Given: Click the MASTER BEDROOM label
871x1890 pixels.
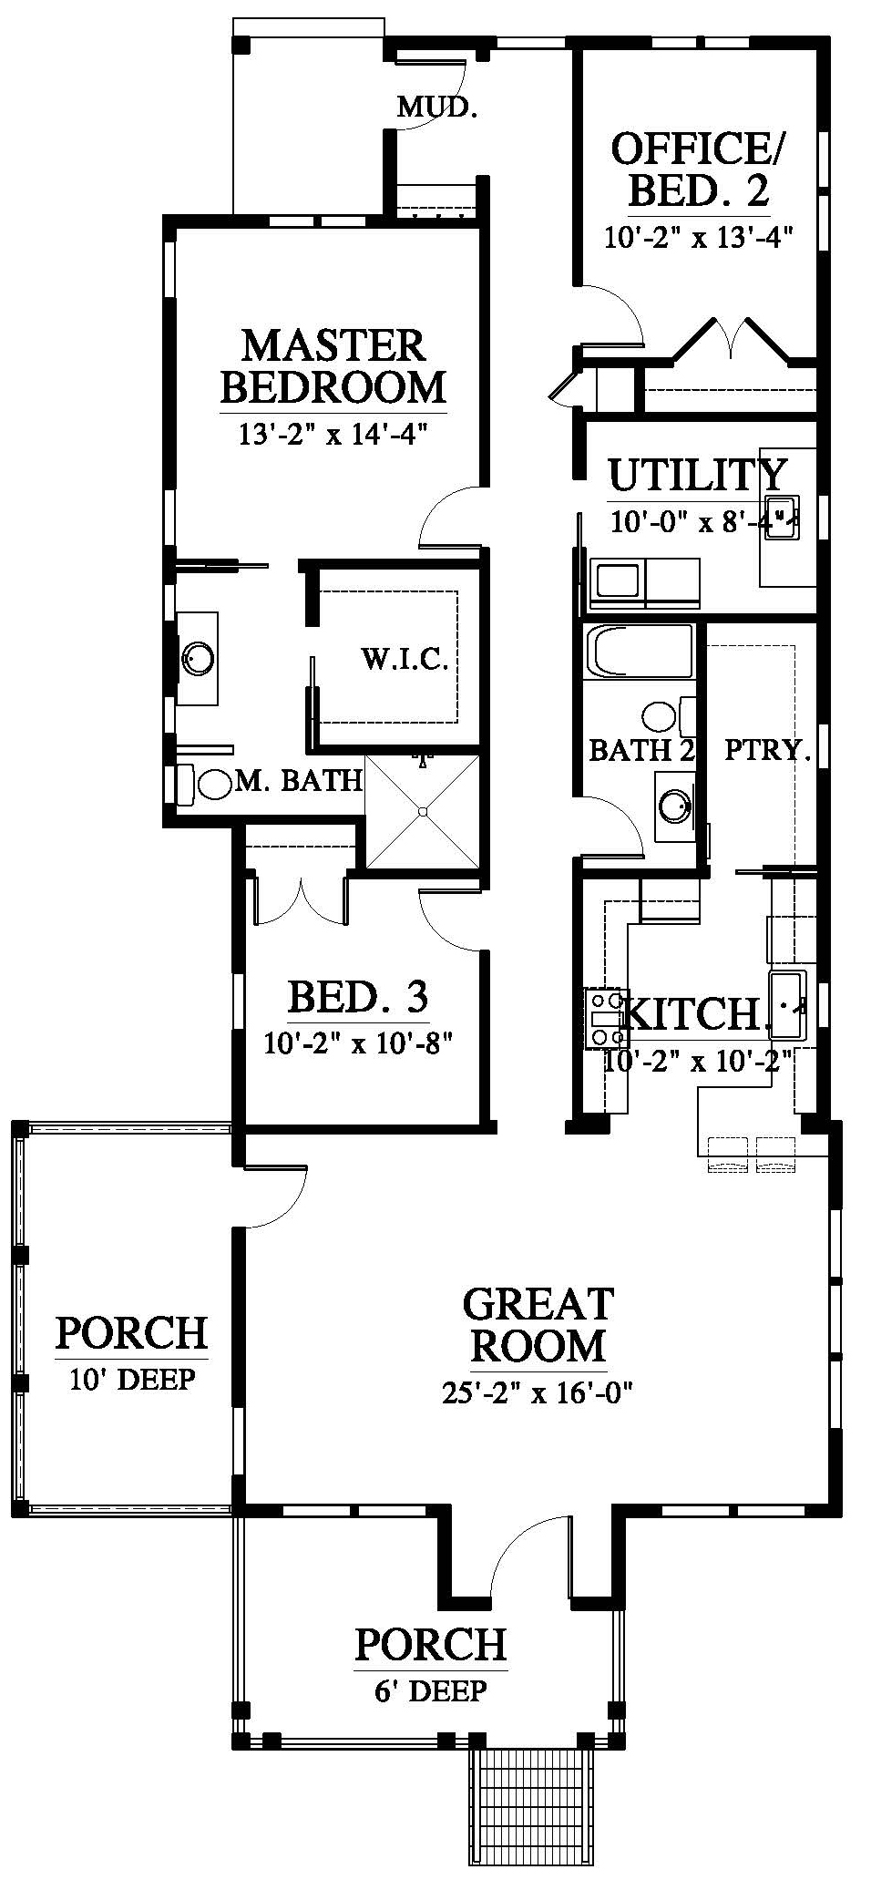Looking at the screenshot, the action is [x=333, y=366].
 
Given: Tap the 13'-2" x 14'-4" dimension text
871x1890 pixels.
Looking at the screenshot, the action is [x=333, y=434].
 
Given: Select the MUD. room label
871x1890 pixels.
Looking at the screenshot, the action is [x=437, y=108].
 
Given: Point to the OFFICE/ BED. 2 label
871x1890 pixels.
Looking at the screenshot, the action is [x=699, y=169].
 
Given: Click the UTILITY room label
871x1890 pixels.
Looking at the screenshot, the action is [x=696, y=474].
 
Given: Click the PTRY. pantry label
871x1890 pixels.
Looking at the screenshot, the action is [x=767, y=750].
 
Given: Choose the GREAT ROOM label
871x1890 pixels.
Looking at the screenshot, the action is [x=538, y=1325].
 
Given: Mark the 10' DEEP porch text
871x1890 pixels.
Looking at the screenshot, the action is [x=132, y=1380].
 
